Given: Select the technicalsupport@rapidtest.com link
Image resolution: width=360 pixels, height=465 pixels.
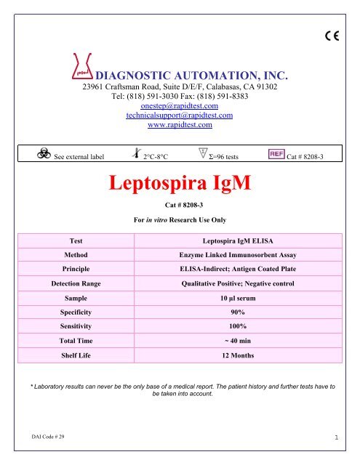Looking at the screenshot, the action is tap(179, 115).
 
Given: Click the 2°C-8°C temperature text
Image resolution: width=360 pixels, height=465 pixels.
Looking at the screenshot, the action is tap(156, 156).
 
